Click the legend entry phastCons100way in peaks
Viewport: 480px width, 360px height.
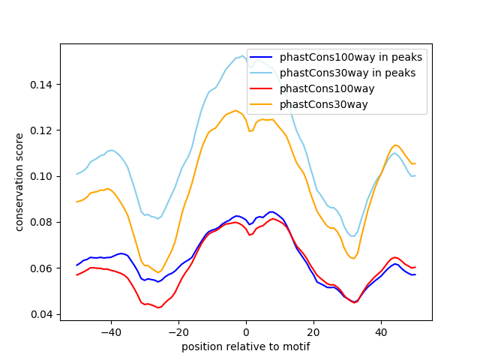point(350,57)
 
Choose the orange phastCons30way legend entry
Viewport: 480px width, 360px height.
point(323,104)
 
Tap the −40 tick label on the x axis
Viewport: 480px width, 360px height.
point(111,331)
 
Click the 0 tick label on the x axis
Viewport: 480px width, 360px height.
point(246,331)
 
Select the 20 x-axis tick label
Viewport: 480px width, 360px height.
point(313,331)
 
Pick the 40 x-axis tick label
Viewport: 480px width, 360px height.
point(381,331)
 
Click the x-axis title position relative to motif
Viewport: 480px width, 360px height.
point(245,346)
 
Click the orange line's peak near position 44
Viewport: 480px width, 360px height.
point(395,145)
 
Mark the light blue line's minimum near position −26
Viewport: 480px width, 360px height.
point(158,218)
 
